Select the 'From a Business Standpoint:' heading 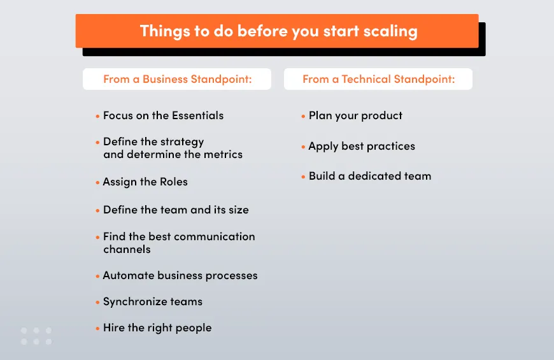(x=176, y=79)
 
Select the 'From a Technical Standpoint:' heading (x=378, y=79)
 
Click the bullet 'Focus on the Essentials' (x=163, y=115)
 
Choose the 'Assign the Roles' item (x=145, y=182)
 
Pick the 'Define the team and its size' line (x=176, y=210)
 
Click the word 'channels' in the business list (x=127, y=249)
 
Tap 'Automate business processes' (x=180, y=275)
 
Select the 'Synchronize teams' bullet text (x=152, y=301)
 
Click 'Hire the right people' (x=157, y=328)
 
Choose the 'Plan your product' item (x=355, y=115)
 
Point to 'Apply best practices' (x=362, y=146)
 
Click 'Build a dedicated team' (x=370, y=176)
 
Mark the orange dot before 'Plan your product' (x=303, y=117)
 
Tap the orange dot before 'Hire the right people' (x=97, y=329)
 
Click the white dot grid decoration (x=36, y=336)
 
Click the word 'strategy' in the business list (x=181, y=141)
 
